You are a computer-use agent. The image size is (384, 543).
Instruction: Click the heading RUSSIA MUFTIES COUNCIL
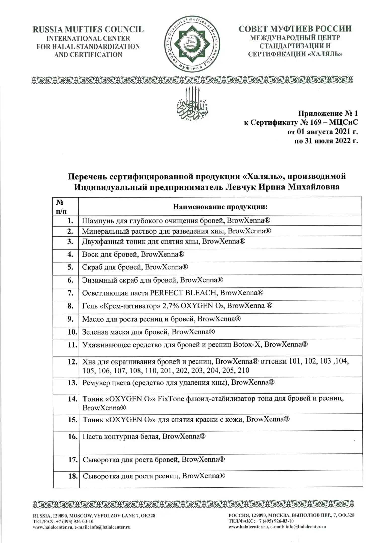pos(88,30)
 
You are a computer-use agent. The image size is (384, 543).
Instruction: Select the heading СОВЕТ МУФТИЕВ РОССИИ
pos(295,29)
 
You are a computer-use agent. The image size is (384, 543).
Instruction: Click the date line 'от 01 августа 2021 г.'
pos(323,131)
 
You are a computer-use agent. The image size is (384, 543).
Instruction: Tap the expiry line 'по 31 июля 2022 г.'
pos(326,141)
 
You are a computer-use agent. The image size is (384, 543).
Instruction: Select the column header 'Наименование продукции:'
pos(220,207)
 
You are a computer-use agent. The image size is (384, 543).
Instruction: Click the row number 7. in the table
pos(71,293)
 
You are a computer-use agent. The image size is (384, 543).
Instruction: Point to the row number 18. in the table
pos(73,476)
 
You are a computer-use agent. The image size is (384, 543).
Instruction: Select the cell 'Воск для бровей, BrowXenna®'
pos(133,254)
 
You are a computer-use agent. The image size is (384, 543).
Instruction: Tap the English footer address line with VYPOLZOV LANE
pos(94,516)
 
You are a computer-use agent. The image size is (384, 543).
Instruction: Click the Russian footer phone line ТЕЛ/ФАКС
pos(261,521)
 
